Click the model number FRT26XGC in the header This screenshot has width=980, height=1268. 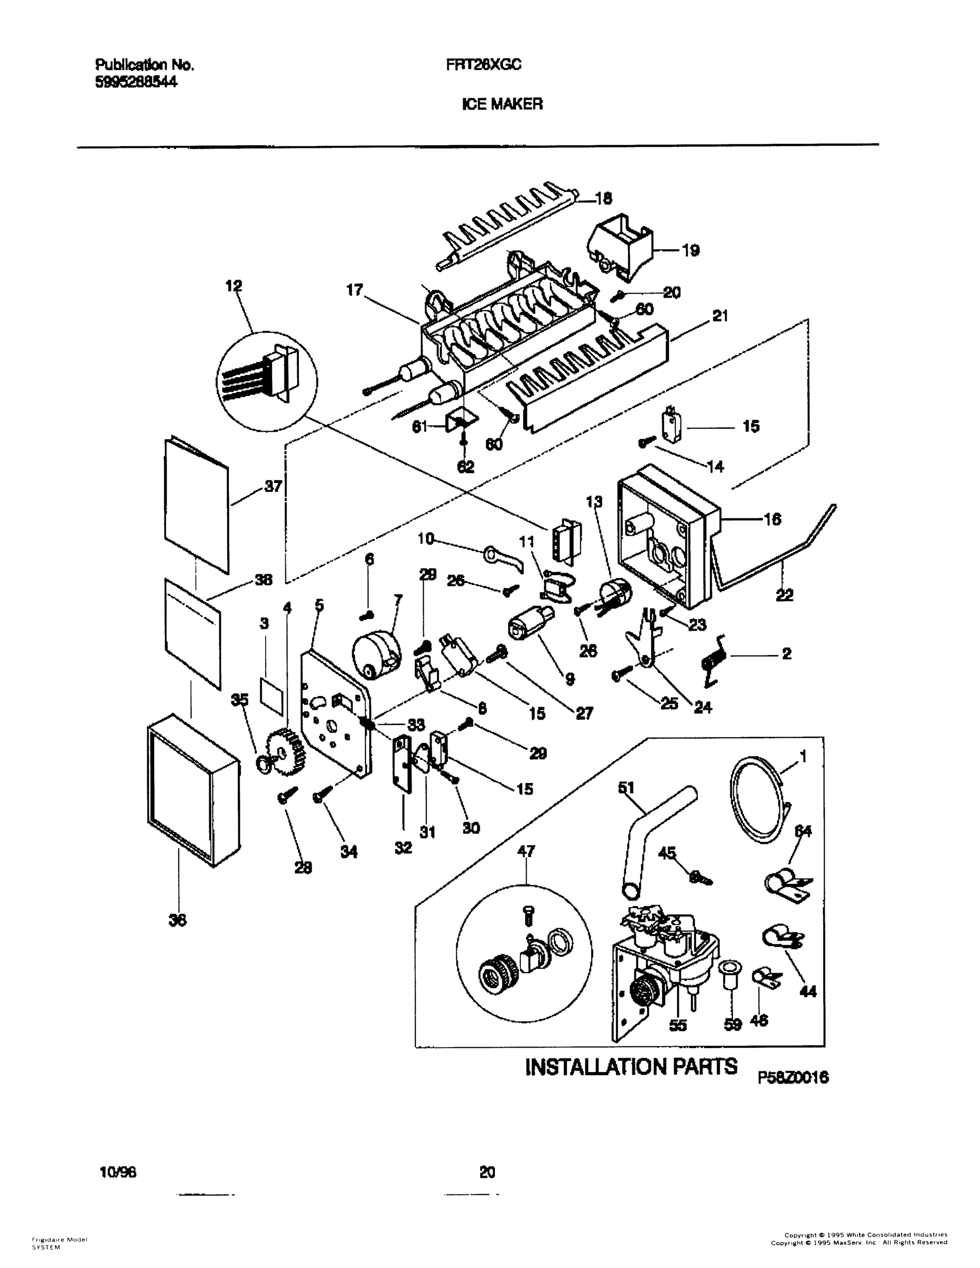point(483,65)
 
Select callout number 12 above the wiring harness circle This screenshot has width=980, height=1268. point(234,286)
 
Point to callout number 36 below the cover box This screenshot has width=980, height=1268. point(177,920)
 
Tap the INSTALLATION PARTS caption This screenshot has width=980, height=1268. point(631,1067)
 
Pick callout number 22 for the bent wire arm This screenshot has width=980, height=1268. point(785,594)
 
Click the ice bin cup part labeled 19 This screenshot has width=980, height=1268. point(620,247)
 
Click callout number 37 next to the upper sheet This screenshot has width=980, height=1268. point(273,487)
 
